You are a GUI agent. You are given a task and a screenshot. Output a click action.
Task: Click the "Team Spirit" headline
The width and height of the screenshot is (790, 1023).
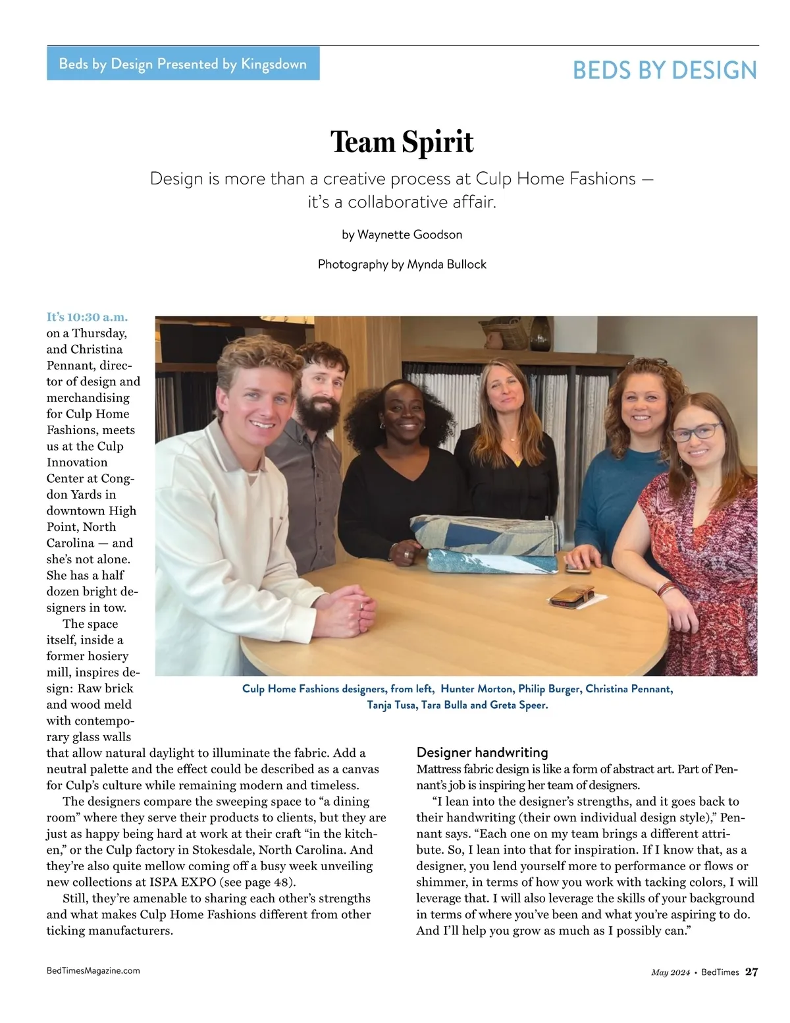pyautogui.click(x=402, y=142)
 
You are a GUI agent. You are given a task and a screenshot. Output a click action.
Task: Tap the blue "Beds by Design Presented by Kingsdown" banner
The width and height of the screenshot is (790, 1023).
pyautogui.click(x=183, y=64)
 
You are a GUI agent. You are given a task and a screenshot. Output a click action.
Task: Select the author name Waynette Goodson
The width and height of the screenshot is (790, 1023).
pyautogui.click(x=409, y=235)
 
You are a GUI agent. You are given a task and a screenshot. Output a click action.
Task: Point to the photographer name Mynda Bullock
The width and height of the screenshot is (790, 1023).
pyautogui.click(x=446, y=264)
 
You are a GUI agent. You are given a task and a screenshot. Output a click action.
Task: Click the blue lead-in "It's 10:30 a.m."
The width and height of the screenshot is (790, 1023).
pyautogui.click(x=87, y=317)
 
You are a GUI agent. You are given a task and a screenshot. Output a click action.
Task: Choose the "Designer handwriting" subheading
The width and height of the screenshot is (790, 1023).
pyautogui.click(x=482, y=752)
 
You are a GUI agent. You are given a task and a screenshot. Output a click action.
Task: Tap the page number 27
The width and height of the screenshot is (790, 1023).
pyautogui.click(x=751, y=972)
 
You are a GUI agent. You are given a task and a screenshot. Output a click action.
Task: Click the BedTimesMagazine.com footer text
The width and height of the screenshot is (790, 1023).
pyautogui.click(x=93, y=970)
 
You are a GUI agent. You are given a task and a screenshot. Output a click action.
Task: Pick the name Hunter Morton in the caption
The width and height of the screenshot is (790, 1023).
pyautogui.click(x=476, y=689)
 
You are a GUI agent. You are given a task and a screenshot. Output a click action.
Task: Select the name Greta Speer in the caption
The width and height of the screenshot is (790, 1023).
pyautogui.click(x=519, y=705)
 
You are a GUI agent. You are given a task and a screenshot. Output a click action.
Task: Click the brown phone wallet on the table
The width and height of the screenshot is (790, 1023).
pyautogui.click(x=571, y=595)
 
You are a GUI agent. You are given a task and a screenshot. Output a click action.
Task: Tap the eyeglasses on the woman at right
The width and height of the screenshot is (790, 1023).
pyautogui.click(x=696, y=432)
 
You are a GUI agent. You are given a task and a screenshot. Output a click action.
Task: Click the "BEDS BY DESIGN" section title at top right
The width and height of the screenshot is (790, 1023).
pyautogui.click(x=665, y=70)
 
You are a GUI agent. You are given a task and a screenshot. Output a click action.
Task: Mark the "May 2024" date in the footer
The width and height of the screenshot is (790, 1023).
pyautogui.click(x=671, y=972)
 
